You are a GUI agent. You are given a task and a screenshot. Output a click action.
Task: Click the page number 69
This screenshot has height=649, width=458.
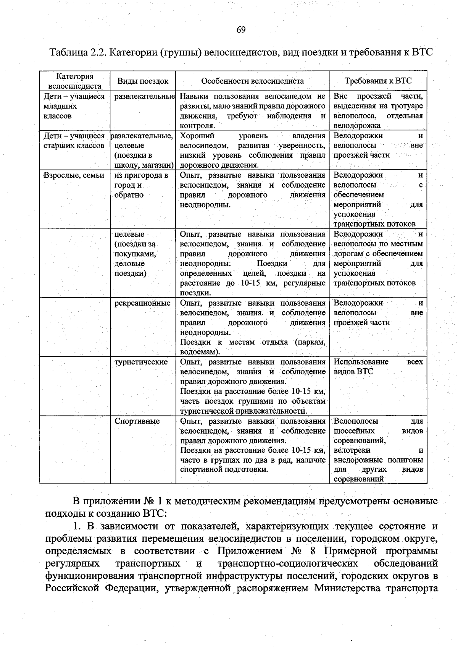(241, 30)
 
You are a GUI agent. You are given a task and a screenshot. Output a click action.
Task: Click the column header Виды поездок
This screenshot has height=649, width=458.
(143, 81)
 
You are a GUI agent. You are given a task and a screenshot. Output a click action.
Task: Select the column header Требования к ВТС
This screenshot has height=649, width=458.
(378, 81)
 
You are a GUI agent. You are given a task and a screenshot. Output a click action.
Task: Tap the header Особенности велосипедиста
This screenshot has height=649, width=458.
(252, 81)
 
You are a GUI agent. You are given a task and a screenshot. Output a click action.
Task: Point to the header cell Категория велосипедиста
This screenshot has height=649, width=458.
(75, 81)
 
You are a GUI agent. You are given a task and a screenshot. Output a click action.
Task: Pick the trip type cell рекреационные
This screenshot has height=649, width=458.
(142, 303)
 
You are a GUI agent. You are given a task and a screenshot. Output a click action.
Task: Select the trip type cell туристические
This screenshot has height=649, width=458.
(141, 362)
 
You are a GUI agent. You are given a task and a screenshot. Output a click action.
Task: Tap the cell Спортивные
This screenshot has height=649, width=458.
(137, 421)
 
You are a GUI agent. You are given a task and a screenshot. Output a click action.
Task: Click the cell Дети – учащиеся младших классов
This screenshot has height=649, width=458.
(74, 106)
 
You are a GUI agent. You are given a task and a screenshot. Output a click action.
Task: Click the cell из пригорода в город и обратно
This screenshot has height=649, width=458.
(141, 185)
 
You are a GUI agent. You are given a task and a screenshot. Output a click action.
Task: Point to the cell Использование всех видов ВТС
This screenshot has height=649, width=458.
(378, 367)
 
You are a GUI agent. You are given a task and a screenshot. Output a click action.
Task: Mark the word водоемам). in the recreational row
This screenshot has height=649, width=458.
(200, 352)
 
